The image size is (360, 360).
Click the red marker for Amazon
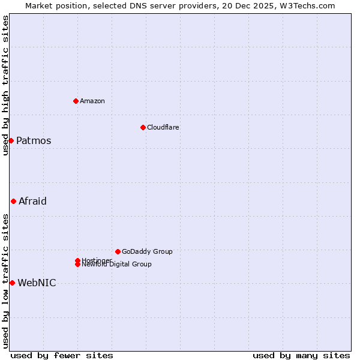[x=76, y=101]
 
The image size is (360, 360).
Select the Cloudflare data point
[x=143, y=127]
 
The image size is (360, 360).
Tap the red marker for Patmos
[x=11, y=140]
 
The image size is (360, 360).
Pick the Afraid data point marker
[x=13, y=201]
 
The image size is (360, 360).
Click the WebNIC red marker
[x=12, y=283]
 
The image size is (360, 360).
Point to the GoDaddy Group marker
[x=118, y=251]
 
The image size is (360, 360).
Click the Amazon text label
[x=92, y=101]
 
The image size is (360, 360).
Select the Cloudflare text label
[x=163, y=127]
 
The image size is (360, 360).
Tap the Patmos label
[x=34, y=141]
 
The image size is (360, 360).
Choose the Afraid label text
[x=32, y=202]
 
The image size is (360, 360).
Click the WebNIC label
[x=37, y=283]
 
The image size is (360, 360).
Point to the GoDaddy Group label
[x=147, y=251]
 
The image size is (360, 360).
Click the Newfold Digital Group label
[x=118, y=265]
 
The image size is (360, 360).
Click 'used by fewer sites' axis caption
[x=62, y=355]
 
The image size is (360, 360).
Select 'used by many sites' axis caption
[x=301, y=355]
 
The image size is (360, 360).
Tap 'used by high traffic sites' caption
[x=5, y=85]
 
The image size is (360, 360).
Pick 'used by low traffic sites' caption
[x=5, y=280]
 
